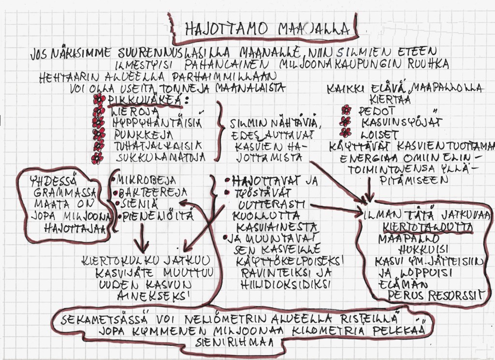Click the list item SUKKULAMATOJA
click(x=160, y=156)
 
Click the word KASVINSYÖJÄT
click(x=401, y=122)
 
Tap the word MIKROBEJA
click(x=145, y=180)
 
